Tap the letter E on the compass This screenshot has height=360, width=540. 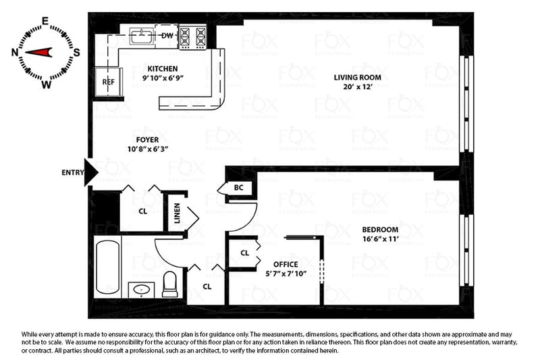click(45, 22)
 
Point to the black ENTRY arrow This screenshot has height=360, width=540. click(91, 172)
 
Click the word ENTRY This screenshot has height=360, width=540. click(73, 173)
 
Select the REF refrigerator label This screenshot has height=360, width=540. click(108, 82)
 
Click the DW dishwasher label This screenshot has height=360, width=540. click(167, 36)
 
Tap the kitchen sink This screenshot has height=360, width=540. click(141, 36)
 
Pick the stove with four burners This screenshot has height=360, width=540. click(192, 36)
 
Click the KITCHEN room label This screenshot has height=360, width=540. click(163, 68)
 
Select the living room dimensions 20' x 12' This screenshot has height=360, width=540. click(358, 86)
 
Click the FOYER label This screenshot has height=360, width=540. click(147, 140)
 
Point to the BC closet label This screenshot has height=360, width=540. click(238, 187)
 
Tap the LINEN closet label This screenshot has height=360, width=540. click(177, 213)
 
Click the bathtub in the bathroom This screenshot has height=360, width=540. click(107, 267)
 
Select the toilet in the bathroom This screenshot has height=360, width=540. click(169, 284)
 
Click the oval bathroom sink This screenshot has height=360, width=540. click(141, 290)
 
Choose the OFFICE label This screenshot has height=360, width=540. click(286, 264)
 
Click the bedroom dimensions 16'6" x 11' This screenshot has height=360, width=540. click(380, 238)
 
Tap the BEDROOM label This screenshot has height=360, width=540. click(380, 230)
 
